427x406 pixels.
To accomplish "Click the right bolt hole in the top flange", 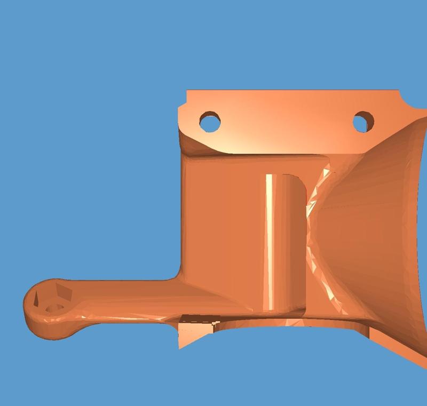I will pos(363,122).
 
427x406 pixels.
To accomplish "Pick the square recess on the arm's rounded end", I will pos(64,292).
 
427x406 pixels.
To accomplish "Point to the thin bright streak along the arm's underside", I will pos(128,317).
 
